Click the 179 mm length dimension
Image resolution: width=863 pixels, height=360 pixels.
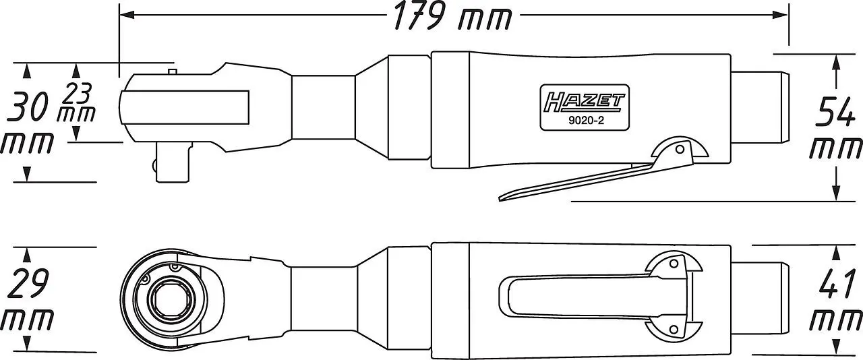(x=451, y=18)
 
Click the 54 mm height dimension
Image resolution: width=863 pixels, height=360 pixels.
(x=836, y=128)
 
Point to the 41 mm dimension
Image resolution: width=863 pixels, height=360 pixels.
(x=836, y=301)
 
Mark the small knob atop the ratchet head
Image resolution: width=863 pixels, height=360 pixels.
(x=173, y=70)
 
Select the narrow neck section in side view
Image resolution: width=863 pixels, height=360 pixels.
(x=323, y=109)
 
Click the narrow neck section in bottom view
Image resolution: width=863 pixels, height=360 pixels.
(x=323, y=297)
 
